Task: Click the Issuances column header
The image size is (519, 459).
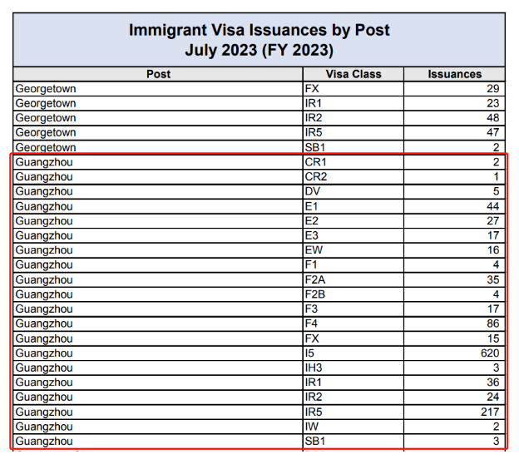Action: (x=454, y=74)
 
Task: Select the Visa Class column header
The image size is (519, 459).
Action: (x=353, y=74)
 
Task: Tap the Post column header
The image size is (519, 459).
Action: (x=158, y=74)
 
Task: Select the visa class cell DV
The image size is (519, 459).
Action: (x=314, y=191)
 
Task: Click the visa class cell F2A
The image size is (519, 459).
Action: (x=317, y=279)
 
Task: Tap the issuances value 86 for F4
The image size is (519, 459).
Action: (x=492, y=323)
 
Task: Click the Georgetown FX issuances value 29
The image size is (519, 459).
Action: (x=492, y=88)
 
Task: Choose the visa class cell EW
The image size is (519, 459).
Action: (x=314, y=250)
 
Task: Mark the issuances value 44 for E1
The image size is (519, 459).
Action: (x=492, y=206)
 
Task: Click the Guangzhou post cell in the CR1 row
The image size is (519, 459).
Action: (x=44, y=162)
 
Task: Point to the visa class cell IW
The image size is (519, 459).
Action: (x=313, y=427)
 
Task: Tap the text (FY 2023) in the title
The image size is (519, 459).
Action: (x=290, y=51)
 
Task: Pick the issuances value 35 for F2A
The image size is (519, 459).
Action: (x=492, y=279)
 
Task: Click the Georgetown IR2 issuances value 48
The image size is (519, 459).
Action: (x=492, y=118)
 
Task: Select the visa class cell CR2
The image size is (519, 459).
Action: (x=317, y=177)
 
